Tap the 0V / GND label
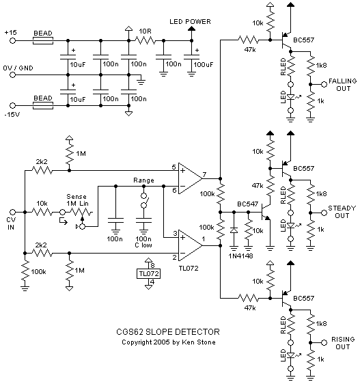(x=18, y=68)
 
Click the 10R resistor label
(x=145, y=31)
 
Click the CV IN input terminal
(x=10, y=214)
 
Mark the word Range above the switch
(x=143, y=181)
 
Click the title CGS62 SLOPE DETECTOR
(x=162, y=332)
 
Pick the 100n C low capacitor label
(x=144, y=241)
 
